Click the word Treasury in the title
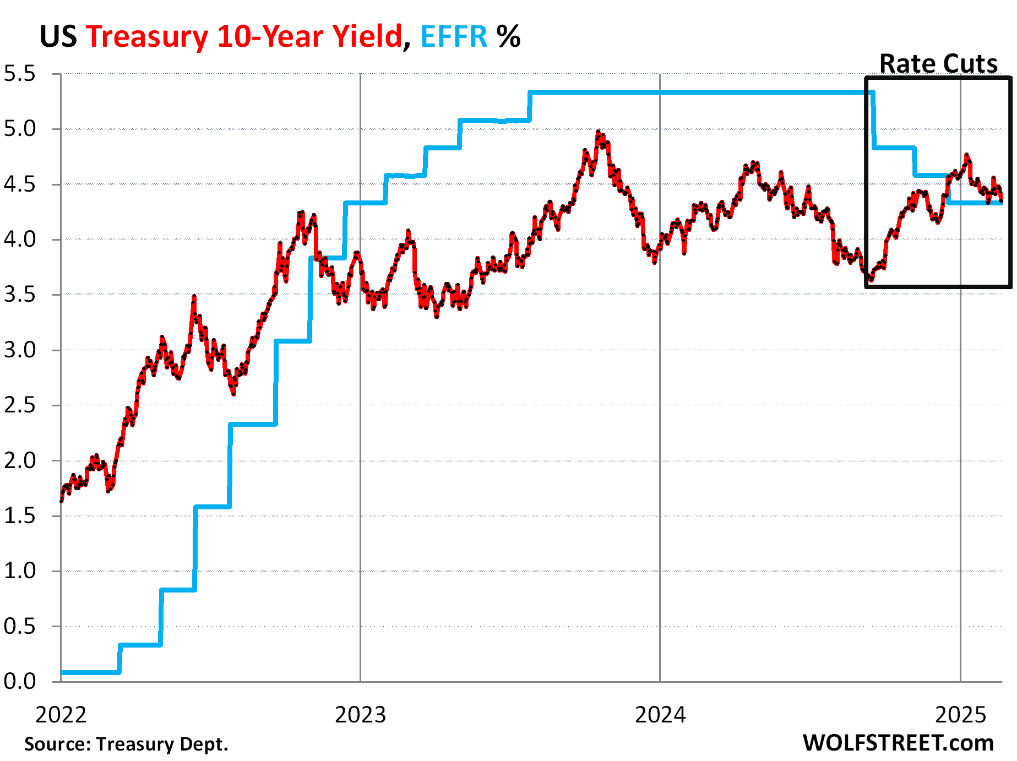click(146, 37)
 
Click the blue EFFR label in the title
click(454, 37)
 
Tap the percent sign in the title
click(508, 37)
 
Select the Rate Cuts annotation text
click(938, 63)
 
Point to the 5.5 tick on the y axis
click(20, 74)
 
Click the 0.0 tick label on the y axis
click(20, 682)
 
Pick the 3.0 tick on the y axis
click(20, 350)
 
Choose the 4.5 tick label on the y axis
click(20, 184)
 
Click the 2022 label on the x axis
click(61, 715)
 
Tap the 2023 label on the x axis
click(361, 715)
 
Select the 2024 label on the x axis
click(660, 715)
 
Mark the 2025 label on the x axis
click(960, 715)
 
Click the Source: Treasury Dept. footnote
click(126, 744)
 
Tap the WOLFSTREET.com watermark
click(898, 743)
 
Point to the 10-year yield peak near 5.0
click(599, 133)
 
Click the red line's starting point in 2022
click(61, 501)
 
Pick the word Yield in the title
click(366, 37)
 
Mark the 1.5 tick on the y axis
click(20, 516)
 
